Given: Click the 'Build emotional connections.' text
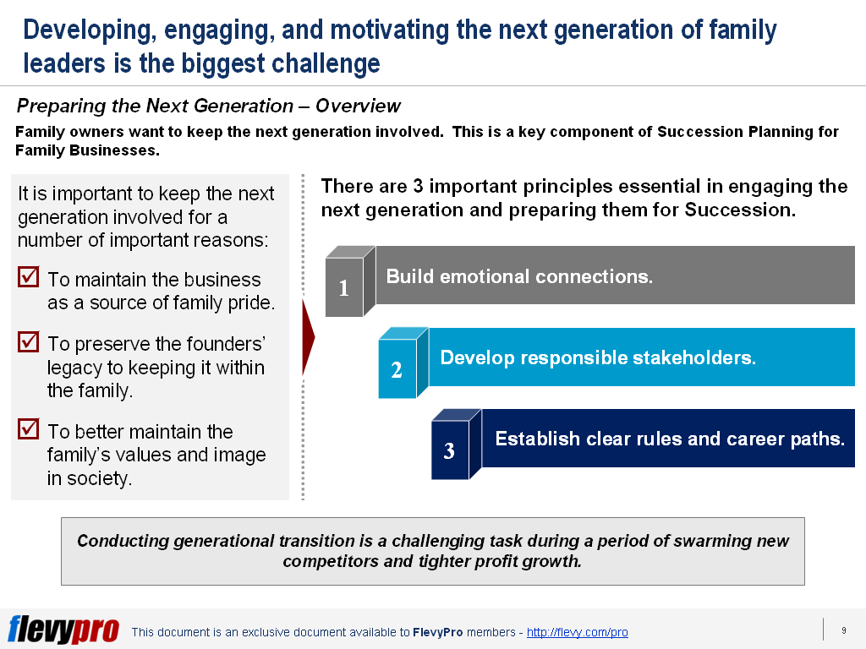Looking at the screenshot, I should pos(519,276).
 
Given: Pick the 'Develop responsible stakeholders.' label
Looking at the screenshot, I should pos(598,357).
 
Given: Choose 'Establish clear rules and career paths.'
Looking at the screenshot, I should pos(670,439).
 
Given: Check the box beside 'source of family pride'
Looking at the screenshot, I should pos(28,277).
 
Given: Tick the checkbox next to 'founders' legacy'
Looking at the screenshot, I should pos(28,341).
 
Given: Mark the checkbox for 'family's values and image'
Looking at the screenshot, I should pos(28,429).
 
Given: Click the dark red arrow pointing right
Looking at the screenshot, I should pos(308,337).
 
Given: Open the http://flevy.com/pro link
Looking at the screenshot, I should pos(577,632).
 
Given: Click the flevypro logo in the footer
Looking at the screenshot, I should pos(63,630).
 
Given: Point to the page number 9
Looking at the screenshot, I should pos(843,630).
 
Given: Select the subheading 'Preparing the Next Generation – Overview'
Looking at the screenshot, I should pos(208,106).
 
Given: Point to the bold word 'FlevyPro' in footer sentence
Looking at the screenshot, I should pos(437,632).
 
